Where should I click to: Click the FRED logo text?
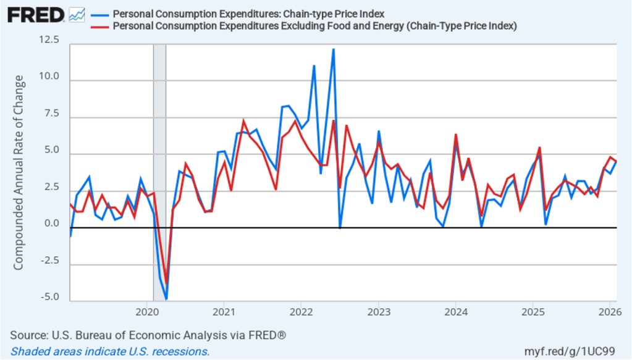pyautogui.click(x=36, y=14)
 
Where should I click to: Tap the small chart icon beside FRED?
pyautogui.click(x=77, y=14)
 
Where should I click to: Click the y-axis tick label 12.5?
pyautogui.click(x=49, y=40)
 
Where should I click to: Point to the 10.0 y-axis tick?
pyautogui.click(x=49, y=77)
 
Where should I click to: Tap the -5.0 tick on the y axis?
pyautogui.click(x=50, y=297)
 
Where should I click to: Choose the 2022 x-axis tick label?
pyautogui.click(x=301, y=311)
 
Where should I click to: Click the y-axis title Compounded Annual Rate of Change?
pyautogui.click(x=19, y=173)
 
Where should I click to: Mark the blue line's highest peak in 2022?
pyautogui.click(x=333, y=49)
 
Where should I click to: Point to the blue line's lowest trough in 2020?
pyautogui.click(x=166, y=299)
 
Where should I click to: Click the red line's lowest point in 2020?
pyautogui.click(x=166, y=283)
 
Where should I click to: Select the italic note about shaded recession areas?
pyautogui.click(x=110, y=352)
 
